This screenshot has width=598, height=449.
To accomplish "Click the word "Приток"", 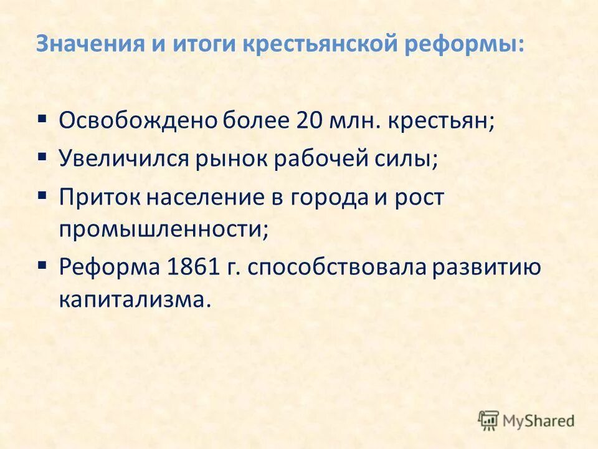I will click(100, 197).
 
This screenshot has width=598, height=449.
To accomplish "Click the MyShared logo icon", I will click(489, 420).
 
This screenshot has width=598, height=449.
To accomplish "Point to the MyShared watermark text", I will click(539, 421).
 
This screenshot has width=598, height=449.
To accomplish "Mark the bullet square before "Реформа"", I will click(42, 264).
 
